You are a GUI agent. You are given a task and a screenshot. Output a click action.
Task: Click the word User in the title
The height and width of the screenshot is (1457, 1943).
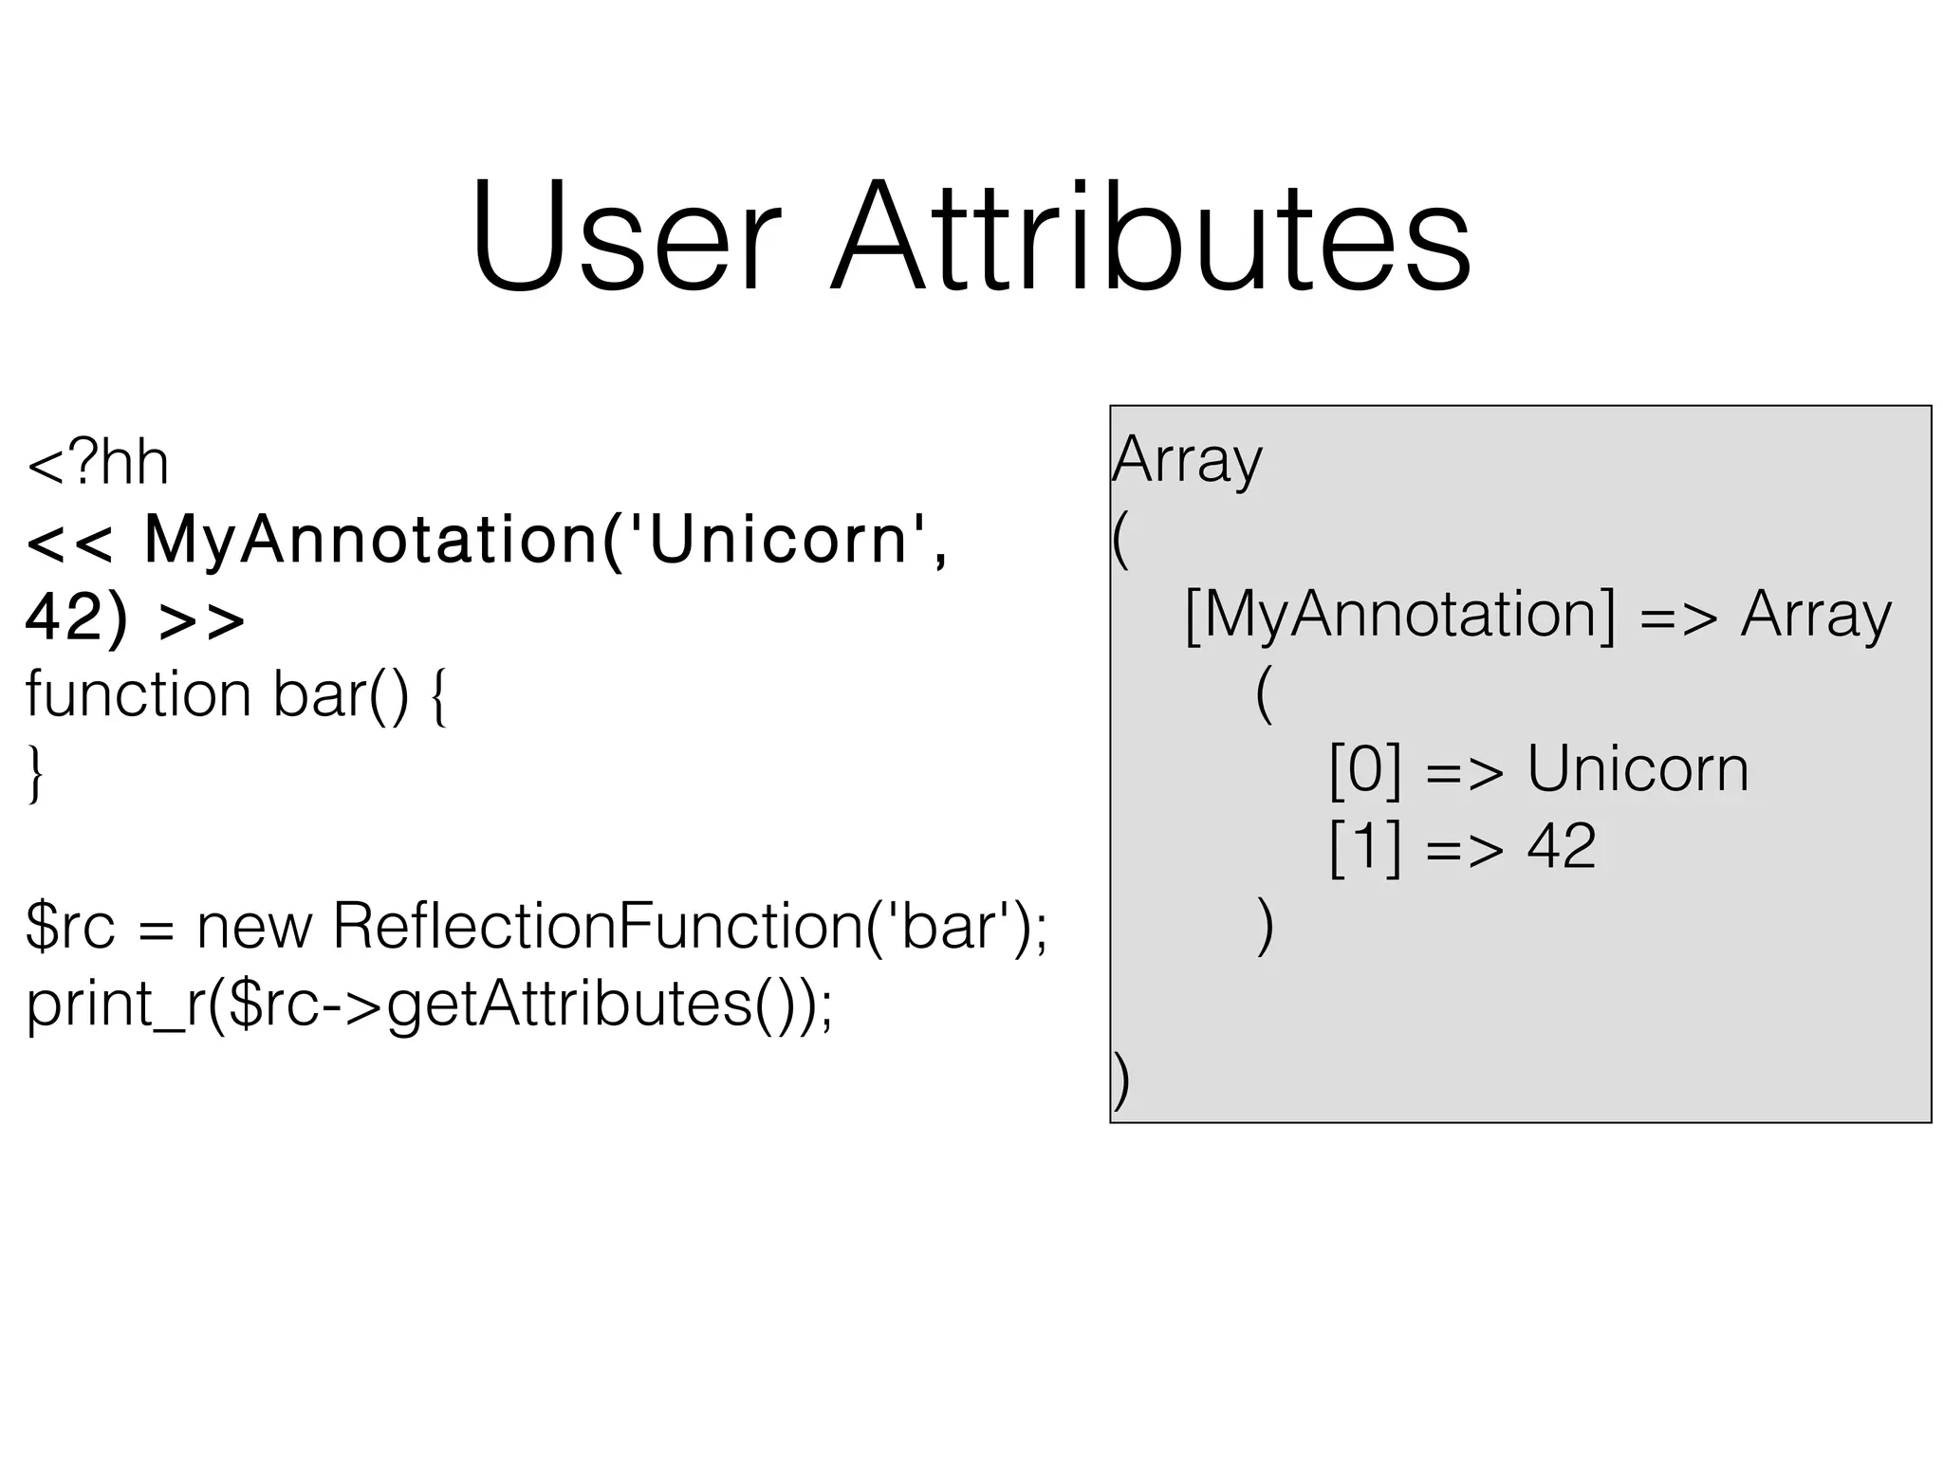pyautogui.click(x=625, y=237)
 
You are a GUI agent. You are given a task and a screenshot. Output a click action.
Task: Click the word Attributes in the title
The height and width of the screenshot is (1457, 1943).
pyautogui.click(x=1151, y=237)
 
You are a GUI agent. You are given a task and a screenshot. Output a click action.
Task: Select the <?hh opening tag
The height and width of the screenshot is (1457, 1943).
pyautogui.click(x=98, y=464)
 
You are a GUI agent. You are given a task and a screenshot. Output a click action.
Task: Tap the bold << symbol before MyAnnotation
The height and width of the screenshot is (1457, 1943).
pyautogui.click(x=69, y=542)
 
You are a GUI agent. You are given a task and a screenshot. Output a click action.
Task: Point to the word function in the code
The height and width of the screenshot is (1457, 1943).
pyautogui.click(x=138, y=695)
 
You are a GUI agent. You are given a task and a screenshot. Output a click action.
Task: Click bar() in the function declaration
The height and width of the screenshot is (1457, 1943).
pyautogui.click(x=341, y=695)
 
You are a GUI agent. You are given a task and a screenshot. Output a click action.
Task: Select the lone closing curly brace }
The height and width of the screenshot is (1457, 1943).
pyautogui.click(x=35, y=774)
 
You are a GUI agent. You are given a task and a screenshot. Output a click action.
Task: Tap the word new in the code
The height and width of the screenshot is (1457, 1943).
pyautogui.click(x=253, y=927)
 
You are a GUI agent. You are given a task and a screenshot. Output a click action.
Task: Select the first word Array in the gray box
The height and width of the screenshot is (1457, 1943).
pyautogui.click(x=1187, y=462)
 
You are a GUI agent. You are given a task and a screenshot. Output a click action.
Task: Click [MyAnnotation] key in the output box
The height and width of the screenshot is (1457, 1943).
pyautogui.click(x=1399, y=616)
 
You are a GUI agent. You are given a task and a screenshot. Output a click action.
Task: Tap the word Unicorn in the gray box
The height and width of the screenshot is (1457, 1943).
pyautogui.click(x=1638, y=769)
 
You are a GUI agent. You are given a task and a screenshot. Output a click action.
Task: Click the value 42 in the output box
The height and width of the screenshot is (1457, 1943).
pyautogui.click(x=1561, y=846)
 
